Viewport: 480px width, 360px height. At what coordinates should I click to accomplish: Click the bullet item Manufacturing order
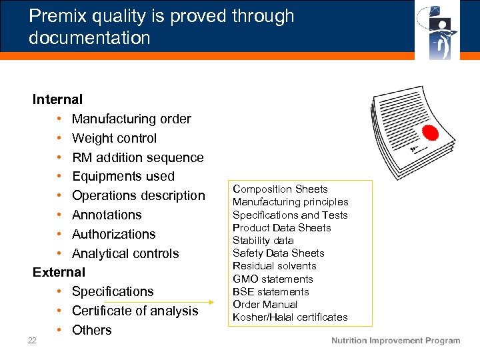(131, 119)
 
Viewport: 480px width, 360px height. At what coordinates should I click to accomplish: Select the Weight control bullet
(114, 139)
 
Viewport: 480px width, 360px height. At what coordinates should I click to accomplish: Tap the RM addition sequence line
(137, 158)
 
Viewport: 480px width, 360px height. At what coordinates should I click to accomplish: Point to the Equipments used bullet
(123, 177)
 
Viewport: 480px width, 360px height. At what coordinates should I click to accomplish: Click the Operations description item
(138, 196)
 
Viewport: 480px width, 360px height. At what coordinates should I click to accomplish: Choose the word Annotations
(107, 215)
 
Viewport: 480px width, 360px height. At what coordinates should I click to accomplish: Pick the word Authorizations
(113, 235)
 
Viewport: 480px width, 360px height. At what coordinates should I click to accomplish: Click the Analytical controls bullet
(125, 254)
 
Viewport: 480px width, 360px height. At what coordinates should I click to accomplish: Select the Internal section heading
(58, 100)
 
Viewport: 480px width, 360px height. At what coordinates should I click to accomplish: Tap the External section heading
(59, 273)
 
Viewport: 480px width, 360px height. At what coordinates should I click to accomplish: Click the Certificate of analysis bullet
(135, 311)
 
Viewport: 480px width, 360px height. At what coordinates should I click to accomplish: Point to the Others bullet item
(91, 331)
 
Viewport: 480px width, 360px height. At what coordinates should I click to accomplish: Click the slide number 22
(32, 341)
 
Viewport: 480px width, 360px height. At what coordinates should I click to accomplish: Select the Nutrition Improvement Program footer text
(395, 341)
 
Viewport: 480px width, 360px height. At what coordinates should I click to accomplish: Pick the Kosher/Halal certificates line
(290, 317)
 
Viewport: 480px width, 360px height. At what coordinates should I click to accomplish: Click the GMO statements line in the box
(273, 279)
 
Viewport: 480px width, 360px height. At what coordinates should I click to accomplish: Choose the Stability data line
(263, 241)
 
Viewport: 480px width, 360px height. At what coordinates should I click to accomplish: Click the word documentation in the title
(89, 38)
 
